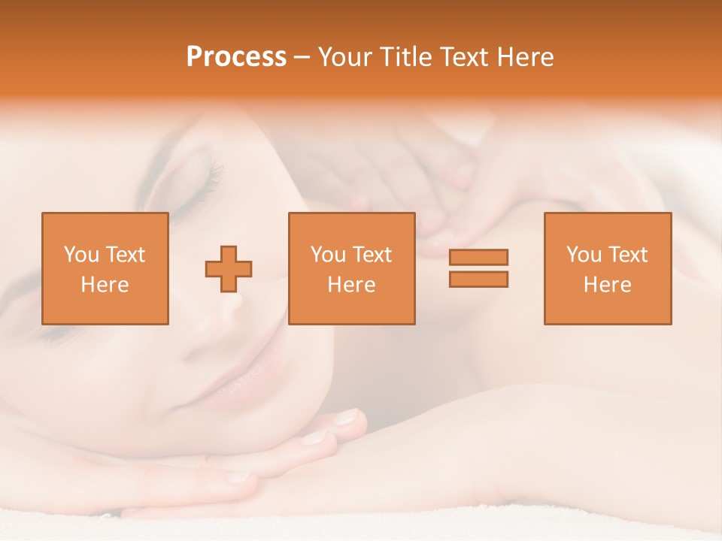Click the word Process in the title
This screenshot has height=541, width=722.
coord(236,57)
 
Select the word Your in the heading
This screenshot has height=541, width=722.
coord(346,57)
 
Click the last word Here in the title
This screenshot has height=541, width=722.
coord(522,57)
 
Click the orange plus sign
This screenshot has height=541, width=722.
coord(229,269)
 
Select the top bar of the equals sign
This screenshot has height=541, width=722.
coord(478,257)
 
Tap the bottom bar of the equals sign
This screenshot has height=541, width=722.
coord(478,280)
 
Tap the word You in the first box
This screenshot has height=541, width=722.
coord(80,255)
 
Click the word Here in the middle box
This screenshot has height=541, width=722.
coord(351,285)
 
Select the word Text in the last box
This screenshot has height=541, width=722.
coord(629,255)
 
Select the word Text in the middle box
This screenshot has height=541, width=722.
coord(373,255)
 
